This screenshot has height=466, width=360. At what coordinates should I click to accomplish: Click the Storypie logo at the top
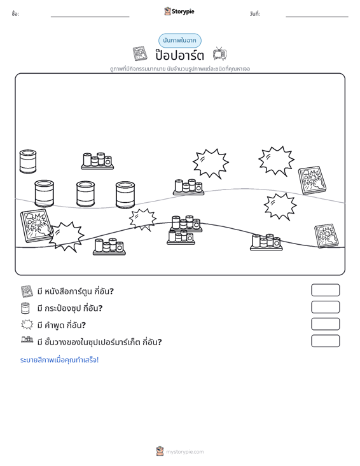179,11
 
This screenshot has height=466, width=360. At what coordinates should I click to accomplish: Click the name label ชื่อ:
15,14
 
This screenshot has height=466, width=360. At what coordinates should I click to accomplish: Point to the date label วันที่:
255,14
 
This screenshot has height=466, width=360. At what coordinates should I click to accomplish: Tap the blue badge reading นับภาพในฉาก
179,41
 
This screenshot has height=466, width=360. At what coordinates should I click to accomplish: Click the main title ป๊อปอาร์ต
179,55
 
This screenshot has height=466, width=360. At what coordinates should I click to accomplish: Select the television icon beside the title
219,54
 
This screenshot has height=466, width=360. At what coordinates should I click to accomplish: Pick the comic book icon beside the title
140,54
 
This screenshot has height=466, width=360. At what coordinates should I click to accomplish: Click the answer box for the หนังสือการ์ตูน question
325,290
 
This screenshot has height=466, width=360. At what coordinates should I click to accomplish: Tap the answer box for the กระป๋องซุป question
325,307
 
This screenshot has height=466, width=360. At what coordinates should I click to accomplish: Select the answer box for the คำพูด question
325,324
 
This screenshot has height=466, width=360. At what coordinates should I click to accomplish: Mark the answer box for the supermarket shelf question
325,341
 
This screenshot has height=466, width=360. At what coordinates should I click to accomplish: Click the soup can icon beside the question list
25,308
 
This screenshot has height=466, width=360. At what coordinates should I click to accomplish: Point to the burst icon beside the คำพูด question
27,324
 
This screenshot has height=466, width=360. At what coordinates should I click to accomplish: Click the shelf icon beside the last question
27,339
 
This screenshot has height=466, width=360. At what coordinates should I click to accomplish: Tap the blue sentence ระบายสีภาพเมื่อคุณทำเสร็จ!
59,360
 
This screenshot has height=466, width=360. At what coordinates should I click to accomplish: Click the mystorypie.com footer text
184,452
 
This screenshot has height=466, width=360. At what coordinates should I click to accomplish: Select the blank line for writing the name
90,17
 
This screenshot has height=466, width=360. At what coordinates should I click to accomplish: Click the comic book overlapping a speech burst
37,226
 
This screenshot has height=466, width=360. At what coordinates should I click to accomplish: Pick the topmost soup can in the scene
28,161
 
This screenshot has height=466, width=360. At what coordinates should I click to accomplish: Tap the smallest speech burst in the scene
142,219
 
